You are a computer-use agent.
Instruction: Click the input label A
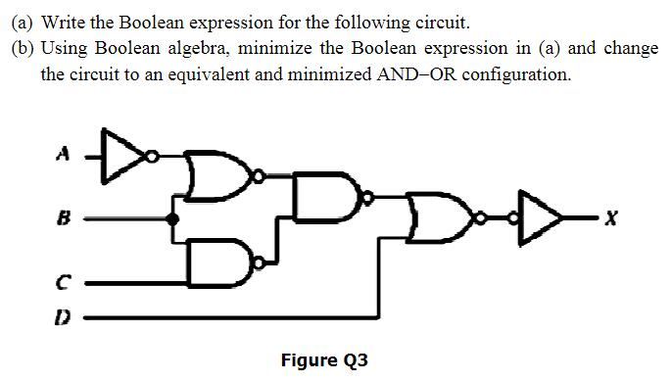(x=62, y=154)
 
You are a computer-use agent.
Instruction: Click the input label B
(x=62, y=222)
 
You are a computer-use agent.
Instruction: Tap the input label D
(x=62, y=318)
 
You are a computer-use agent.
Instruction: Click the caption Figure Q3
(x=324, y=360)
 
